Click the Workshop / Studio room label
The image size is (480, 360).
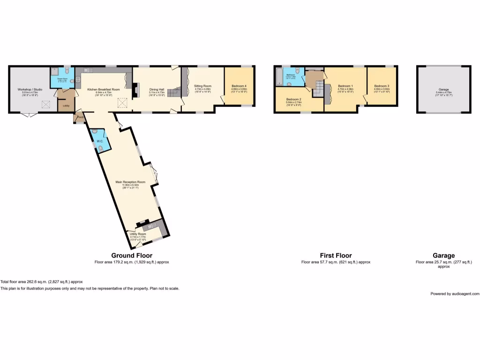[x=28, y=89]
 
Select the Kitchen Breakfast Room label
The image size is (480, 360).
[x=104, y=89]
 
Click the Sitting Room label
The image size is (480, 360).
[x=203, y=86]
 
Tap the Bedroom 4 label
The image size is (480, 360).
[x=239, y=86]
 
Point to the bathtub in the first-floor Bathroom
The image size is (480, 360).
[x=279, y=76]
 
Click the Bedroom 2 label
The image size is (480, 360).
[x=293, y=99]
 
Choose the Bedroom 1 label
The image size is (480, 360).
[x=345, y=86]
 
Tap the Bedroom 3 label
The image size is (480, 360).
[x=382, y=86]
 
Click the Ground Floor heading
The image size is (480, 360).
[x=132, y=255]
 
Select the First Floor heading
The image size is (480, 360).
[x=336, y=255]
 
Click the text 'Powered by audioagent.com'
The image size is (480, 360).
[x=455, y=293]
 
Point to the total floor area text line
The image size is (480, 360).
[x=42, y=281]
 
